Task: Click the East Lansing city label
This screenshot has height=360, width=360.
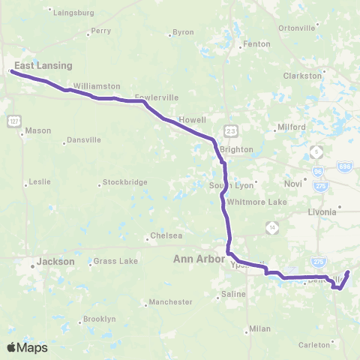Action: (43, 65)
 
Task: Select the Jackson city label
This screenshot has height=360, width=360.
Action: (55, 262)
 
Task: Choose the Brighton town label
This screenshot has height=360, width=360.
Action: (236, 149)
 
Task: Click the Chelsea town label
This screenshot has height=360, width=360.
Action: (166, 235)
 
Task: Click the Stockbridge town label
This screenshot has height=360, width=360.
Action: (122, 182)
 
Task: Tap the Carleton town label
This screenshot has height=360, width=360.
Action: (313, 345)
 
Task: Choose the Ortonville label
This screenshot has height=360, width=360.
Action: (296, 28)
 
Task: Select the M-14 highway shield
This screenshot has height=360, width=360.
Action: (274, 226)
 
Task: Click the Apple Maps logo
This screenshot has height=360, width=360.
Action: (27, 347)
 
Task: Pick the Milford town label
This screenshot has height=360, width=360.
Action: (291, 127)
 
